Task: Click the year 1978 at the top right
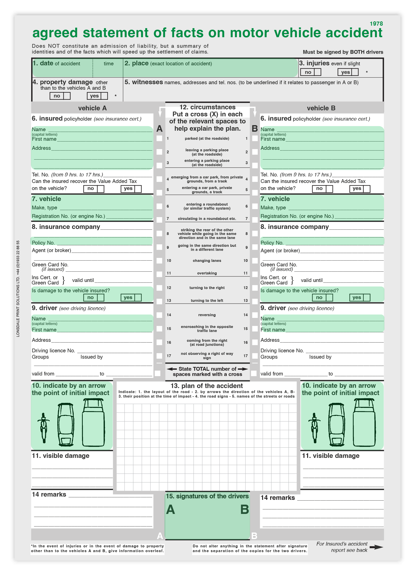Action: click(376, 24)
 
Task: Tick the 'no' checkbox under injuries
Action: click(317, 72)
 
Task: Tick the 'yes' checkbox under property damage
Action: click(104, 96)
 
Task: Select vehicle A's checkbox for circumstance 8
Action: click(159, 233)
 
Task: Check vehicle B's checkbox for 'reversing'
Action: click(255, 315)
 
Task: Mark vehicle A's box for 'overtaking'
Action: click(159, 274)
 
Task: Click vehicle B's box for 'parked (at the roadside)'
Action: click(255, 138)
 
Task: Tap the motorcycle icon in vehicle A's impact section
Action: click(44, 428)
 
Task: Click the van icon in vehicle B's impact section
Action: click(364, 422)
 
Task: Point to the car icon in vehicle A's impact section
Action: click(66, 424)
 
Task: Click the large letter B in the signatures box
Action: click(244, 509)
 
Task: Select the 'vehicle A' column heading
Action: click(92, 108)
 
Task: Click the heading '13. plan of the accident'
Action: click(206, 386)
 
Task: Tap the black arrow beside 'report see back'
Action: click(376, 547)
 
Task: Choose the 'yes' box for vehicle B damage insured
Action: click(367, 297)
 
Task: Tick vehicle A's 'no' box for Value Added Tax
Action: click(101, 189)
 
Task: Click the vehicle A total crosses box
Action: click(157, 373)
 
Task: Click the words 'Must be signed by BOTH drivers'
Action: click(343, 52)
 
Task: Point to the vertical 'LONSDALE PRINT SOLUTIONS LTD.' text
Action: click(18, 289)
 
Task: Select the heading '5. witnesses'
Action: click(144, 82)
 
